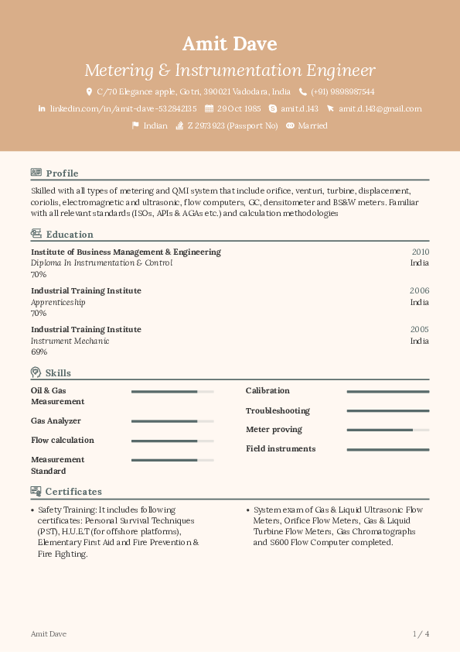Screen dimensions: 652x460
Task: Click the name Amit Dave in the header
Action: (230, 43)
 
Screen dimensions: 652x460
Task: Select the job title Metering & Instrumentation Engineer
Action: (230, 70)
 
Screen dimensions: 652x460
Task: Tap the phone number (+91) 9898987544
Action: (342, 91)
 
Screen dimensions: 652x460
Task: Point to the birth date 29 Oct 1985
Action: (239, 109)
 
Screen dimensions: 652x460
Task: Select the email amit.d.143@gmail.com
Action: (380, 109)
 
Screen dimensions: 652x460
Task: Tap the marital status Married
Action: (312, 125)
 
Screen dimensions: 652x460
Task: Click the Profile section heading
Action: (62, 173)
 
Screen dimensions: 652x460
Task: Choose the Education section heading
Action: (70, 235)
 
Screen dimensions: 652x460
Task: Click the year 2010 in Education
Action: (420, 252)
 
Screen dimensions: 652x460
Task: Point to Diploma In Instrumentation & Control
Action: (101, 263)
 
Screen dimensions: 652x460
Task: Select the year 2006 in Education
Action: (420, 290)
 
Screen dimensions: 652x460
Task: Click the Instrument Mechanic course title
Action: (70, 341)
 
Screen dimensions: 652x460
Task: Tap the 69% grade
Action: (39, 352)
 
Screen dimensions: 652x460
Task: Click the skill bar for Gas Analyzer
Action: (172, 421)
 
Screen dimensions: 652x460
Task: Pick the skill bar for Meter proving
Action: (387, 430)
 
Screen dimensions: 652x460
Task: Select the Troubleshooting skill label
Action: (278, 410)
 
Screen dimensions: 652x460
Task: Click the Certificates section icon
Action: (36, 491)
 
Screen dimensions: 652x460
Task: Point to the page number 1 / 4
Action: (421, 634)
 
